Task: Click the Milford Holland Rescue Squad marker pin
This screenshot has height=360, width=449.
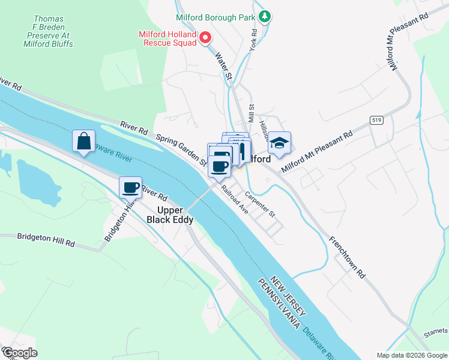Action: point(205,39)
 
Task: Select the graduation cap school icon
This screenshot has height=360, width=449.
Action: point(279,143)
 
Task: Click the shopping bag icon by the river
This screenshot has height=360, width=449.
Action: point(84,142)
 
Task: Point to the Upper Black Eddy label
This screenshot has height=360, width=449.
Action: point(170,215)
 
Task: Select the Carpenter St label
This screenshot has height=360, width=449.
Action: point(259,205)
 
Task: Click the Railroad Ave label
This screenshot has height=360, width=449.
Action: point(234,199)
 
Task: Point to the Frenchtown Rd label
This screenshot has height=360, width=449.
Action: point(346,257)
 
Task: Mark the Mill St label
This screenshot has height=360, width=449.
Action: point(252,113)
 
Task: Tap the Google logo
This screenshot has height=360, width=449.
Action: point(20,353)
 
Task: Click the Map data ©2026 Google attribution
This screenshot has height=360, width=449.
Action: point(411,355)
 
